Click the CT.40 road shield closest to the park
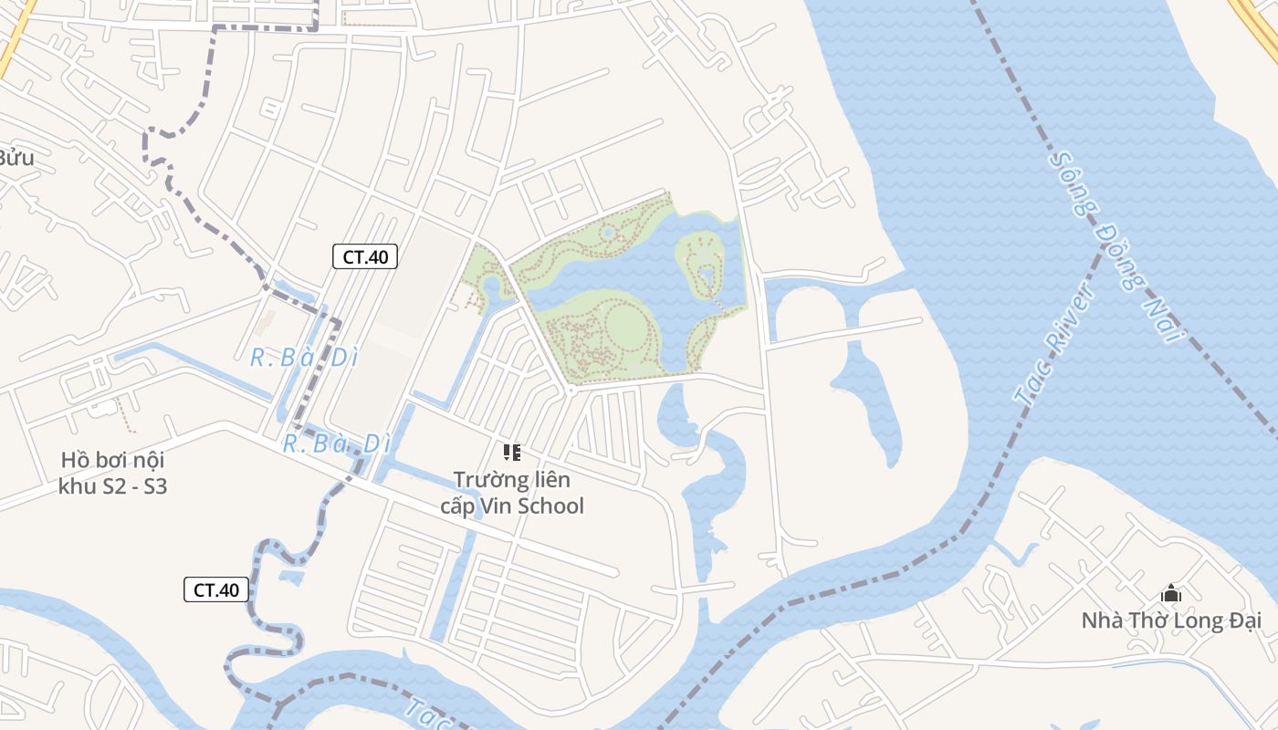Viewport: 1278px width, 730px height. pos(364,256)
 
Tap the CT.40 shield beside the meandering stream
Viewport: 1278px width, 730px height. pos(216,589)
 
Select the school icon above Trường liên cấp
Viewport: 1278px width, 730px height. pos(511,452)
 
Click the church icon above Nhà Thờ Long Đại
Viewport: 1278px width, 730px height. pos(1171,594)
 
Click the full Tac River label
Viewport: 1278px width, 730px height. pos(1054,343)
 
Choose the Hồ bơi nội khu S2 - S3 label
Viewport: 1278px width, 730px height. pos(112,473)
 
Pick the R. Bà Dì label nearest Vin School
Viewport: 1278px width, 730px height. pos(336,444)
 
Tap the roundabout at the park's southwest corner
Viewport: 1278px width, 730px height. pos(571,391)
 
